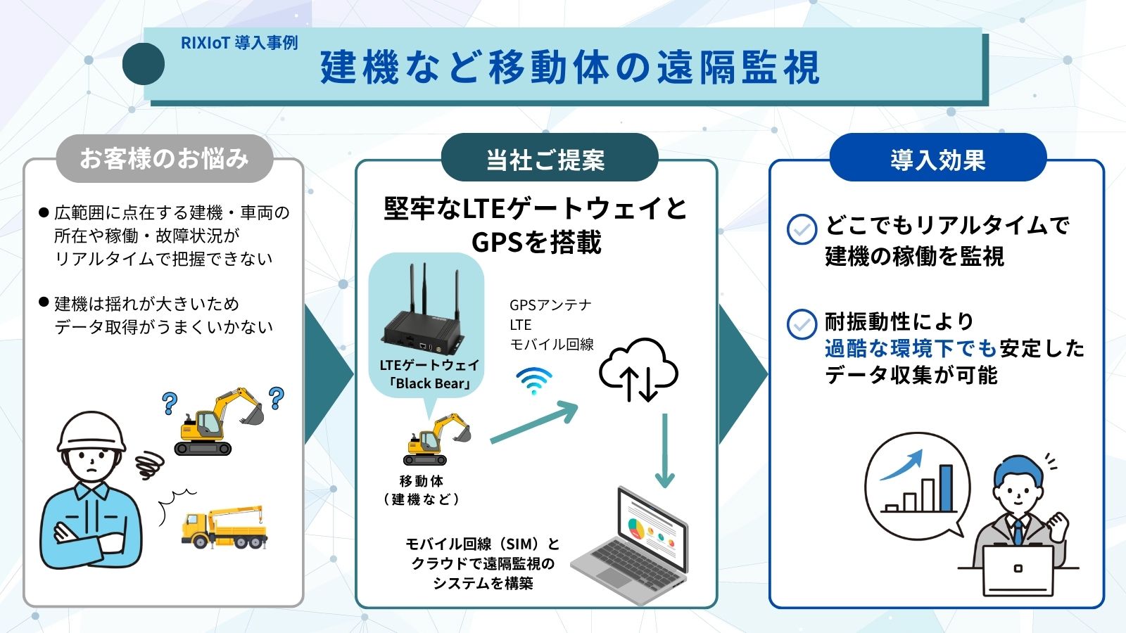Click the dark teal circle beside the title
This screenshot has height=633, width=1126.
point(144,64)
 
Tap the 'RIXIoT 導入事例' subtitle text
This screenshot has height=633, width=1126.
point(239,43)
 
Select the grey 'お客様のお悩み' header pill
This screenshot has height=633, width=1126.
point(164,158)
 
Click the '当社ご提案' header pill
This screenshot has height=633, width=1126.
point(545,160)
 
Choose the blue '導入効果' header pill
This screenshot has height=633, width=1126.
point(937,160)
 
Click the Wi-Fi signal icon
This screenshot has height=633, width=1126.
point(533,381)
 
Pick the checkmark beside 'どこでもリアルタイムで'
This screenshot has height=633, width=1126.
point(802,229)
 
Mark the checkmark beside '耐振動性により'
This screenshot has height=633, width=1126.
point(802,324)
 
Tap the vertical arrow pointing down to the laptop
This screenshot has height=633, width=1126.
point(664,450)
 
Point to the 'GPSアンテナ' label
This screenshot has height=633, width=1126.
point(550,305)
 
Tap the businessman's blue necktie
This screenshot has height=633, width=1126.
point(1018,532)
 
